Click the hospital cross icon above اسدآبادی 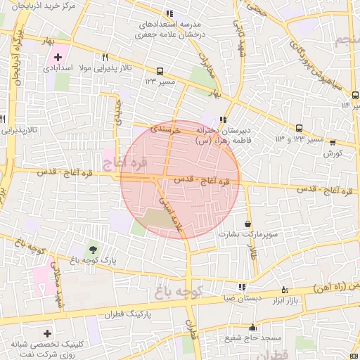pos(58,56)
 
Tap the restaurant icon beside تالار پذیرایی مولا pos(105,57)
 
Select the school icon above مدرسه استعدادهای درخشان pos(169,13)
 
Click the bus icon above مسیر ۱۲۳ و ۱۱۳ pos(300,128)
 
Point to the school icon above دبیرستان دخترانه pos(224,120)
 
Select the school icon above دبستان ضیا pos(243,287)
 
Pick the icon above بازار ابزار pos(285,288)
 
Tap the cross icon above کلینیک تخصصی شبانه pos(47,333)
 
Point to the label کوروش pos(334,153)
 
